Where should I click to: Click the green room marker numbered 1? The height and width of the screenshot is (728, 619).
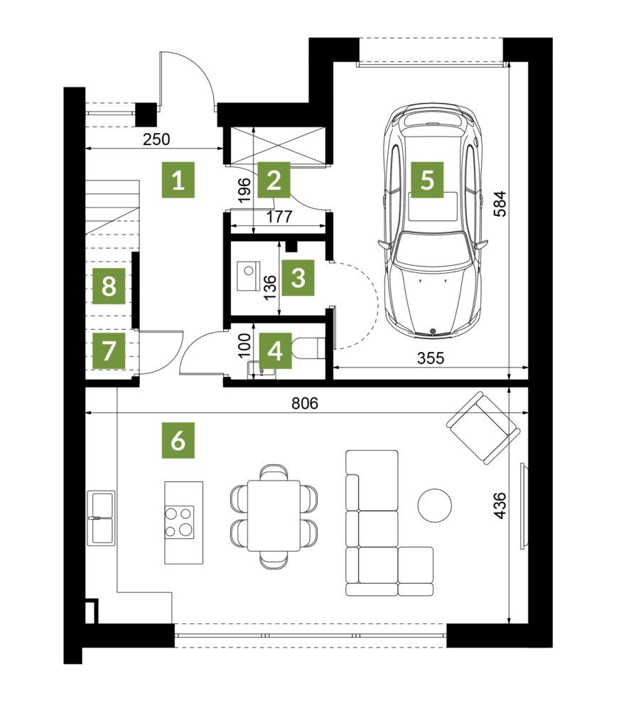click(178, 180)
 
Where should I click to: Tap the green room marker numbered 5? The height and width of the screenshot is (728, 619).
click(427, 180)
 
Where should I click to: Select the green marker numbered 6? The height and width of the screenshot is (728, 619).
click(178, 440)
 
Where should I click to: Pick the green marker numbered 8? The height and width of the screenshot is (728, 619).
click(109, 286)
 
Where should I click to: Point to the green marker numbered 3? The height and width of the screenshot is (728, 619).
click(298, 278)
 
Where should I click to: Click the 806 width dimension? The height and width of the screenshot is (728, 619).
click(305, 403)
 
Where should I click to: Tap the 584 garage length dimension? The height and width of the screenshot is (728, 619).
click(500, 203)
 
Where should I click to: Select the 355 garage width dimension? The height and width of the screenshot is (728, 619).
click(431, 358)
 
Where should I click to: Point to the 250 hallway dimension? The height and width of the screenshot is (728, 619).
click(156, 139)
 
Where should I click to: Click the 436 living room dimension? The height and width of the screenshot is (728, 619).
click(500, 505)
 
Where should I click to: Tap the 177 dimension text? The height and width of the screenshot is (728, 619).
click(279, 216)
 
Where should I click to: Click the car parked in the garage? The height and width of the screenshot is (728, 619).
click(432, 220)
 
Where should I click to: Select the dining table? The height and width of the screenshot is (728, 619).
click(274, 516)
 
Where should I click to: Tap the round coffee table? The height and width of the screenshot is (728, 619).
click(434, 505)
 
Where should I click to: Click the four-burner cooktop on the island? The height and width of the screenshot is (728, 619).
click(179, 522)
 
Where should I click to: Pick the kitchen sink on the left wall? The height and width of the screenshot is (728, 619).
click(102, 518)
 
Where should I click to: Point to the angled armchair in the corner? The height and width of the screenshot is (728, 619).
click(483, 427)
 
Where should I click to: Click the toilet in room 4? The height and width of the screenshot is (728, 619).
click(308, 348)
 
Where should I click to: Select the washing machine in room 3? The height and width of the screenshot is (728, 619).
click(249, 277)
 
